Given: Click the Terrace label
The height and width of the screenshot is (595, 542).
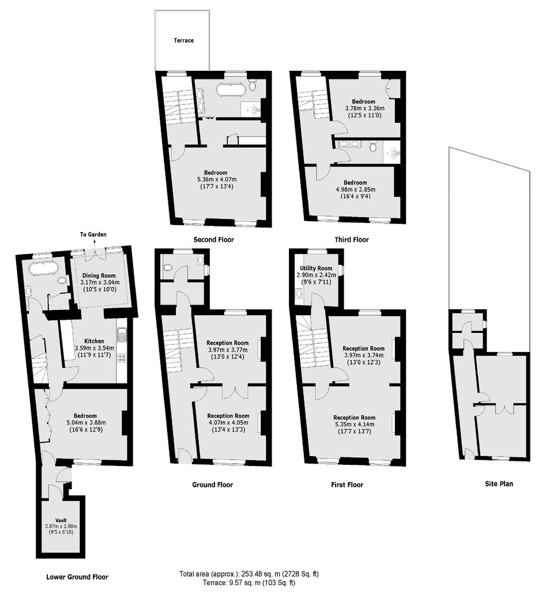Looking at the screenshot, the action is click(184, 40).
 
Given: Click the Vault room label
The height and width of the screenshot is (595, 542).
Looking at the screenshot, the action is click(61, 520).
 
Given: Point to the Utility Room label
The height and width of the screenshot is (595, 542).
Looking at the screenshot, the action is click(316, 268).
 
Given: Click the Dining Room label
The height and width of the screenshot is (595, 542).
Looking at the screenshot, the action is click(99, 275).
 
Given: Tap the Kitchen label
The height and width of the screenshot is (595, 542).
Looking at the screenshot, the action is click(94, 341).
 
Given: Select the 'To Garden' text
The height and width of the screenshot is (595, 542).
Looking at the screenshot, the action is click(93, 234).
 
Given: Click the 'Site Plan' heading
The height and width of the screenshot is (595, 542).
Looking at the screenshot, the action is click(499, 484).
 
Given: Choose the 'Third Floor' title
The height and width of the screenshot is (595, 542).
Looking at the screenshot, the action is click(352, 240).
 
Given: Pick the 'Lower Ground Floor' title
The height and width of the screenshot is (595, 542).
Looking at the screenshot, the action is click(77, 577).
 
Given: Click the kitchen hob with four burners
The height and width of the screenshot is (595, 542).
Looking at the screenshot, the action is click(122, 358).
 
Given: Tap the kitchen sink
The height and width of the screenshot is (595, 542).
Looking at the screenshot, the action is click(122, 335).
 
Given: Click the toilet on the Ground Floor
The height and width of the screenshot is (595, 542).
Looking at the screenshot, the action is click(167, 267).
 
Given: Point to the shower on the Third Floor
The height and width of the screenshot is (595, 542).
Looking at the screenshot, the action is click(392, 151).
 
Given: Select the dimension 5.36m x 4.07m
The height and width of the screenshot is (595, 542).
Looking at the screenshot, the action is click(217, 180).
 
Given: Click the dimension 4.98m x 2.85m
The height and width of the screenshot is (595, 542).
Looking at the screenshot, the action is click(355, 190).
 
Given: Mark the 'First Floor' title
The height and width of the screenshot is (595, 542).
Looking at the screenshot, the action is click(347, 484).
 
